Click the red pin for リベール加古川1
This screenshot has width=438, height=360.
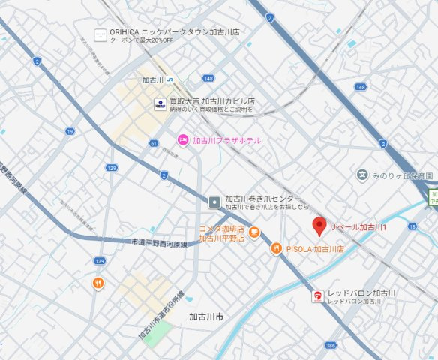coord(319,225)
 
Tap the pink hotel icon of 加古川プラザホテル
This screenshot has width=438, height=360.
coord(181,140)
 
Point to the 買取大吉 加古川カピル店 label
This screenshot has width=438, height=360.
coord(212,101)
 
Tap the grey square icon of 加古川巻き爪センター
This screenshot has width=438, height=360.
coord(214,201)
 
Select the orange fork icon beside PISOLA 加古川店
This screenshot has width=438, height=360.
coord(276,248)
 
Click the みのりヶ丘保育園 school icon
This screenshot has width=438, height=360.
coord(362,175)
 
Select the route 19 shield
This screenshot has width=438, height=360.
coord(70,131)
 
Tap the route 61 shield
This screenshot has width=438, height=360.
coord(154,142)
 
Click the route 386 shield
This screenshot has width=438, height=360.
coord(330,346)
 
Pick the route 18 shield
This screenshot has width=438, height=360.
coord(412,226)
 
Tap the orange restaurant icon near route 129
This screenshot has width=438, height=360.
coord(98,283)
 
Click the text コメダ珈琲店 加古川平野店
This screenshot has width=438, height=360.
coord(221,233)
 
